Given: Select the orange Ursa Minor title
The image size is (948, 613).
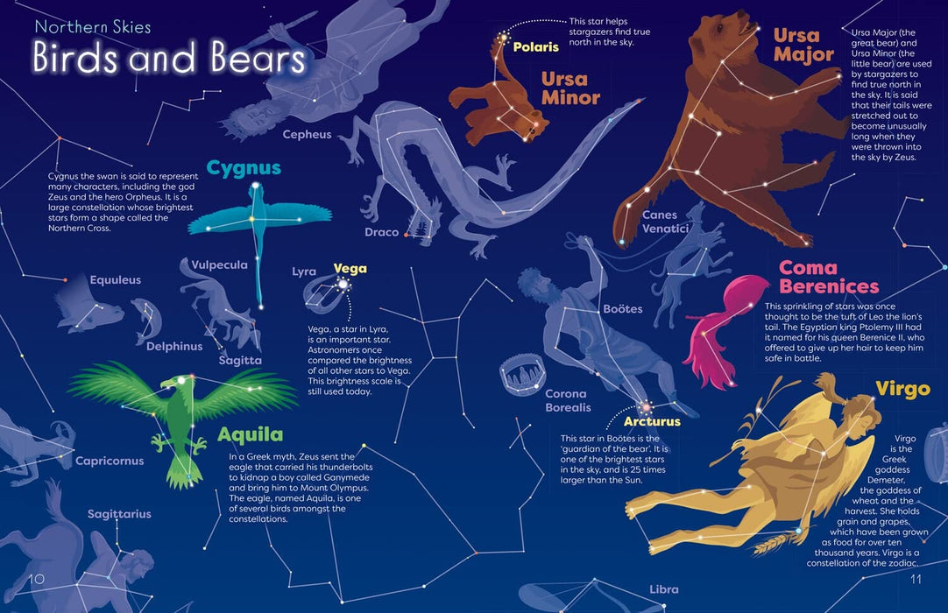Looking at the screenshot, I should tap(570, 88).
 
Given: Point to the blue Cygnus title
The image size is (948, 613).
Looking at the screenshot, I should tap(244, 168).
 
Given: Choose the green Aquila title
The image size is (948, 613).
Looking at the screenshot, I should tap(250, 435).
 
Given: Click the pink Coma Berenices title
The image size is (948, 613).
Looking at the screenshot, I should tap(828, 277).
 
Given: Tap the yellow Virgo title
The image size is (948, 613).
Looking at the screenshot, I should tap(902, 389).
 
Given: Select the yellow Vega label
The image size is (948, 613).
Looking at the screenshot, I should tap(350, 269).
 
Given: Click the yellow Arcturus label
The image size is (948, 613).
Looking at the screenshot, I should tap(652, 422).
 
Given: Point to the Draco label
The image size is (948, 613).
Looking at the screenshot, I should tap(381, 233).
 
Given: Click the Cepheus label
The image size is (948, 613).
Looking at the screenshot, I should tap(307, 135).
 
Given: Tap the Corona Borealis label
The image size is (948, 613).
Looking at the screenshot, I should tap(568, 401).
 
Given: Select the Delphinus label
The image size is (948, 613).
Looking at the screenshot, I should tap(174, 346).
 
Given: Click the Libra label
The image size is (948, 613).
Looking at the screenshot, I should tap(663, 589).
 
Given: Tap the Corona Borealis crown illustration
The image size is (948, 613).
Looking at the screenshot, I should tap(523, 377).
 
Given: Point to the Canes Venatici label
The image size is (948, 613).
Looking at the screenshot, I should tap(666, 222).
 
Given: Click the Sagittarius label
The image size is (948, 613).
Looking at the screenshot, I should tap(119, 514).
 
